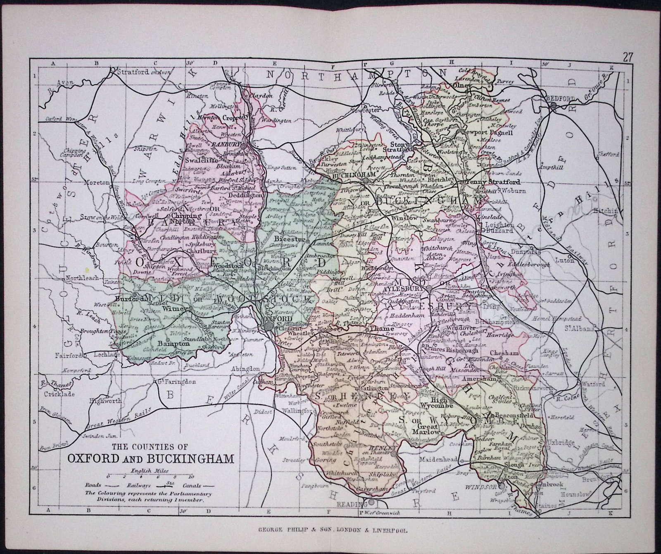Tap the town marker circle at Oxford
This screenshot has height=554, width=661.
269,327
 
